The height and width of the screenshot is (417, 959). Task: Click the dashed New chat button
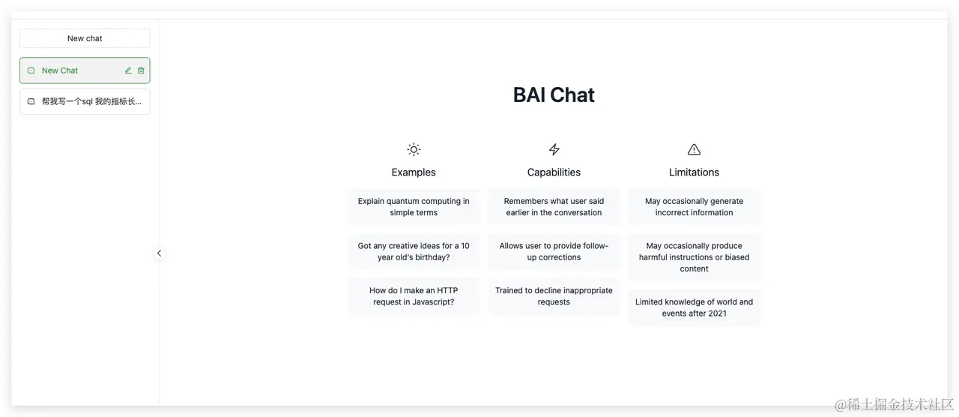(85, 38)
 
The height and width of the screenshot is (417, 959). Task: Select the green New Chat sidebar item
(85, 70)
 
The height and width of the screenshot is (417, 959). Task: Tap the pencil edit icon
(128, 70)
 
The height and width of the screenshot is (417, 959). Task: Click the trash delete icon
(141, 70)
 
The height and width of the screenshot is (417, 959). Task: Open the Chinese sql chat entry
(85, 101)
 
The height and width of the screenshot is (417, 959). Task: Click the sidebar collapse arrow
(160, 253)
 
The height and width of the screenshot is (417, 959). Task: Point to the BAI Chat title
(554, 94)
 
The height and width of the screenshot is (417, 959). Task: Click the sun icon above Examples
(414, 149)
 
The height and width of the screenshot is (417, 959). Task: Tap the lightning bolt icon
(554, 149)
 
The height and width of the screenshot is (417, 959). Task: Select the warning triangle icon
(694, 149)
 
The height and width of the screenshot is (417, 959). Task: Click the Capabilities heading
(554, 172)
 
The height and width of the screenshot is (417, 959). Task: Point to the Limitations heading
(694, 172)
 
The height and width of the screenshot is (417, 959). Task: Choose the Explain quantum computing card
(414, 207)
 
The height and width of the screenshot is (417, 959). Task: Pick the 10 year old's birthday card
(414, 251)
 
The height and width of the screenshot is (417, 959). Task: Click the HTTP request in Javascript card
(414, 296)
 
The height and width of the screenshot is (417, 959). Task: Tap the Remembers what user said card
(554, 207)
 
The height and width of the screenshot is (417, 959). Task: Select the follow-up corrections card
(554, 251)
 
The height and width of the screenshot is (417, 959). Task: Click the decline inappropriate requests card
(554, 296)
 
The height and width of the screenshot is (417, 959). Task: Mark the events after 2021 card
(694, 307)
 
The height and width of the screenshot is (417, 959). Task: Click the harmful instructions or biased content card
(694, 257)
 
